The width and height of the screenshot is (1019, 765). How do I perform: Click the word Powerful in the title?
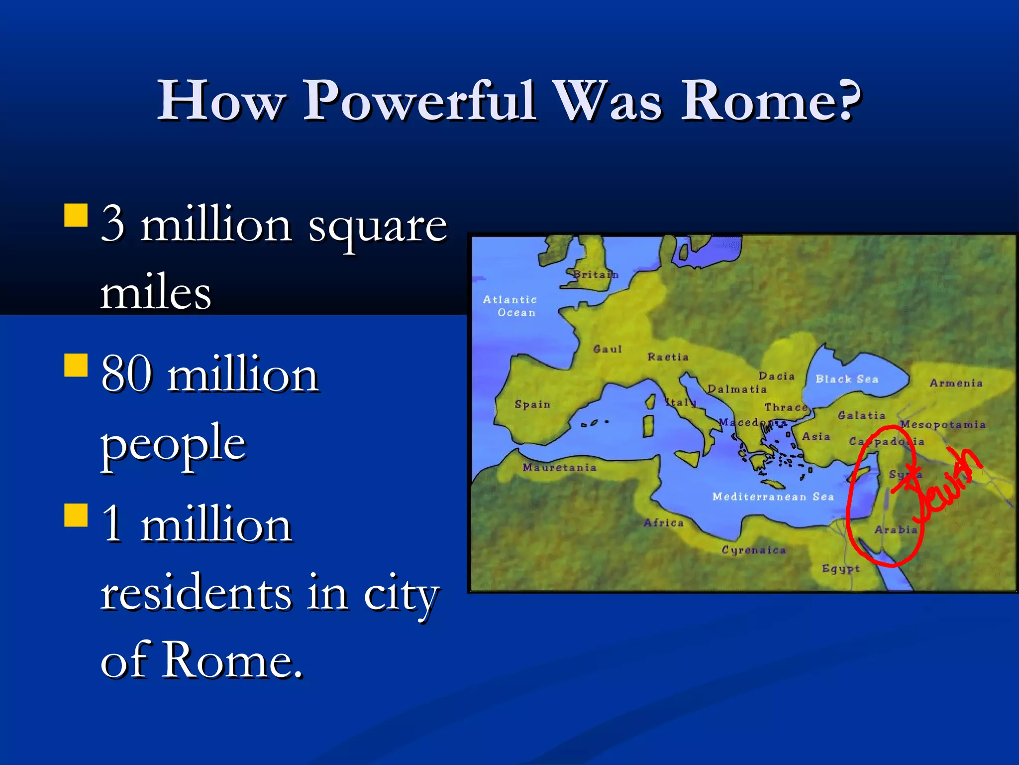click(x=420, y=101)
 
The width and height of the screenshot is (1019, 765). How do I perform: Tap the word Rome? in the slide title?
click(x=771, y=101)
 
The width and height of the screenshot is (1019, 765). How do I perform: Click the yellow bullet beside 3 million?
click(x=76, y=215)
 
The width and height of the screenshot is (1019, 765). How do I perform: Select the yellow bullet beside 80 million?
click(x=76, y=365)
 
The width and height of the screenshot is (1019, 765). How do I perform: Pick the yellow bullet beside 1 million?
click(x=76, y=515)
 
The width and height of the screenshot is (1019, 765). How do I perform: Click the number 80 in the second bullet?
click(x=126, y=375)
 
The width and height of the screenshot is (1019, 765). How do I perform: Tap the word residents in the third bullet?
click(x=196, y=593)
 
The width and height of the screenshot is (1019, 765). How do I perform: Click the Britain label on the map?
click(x=595, y=274)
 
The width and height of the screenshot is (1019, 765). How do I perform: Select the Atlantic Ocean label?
click(x=510, y=306)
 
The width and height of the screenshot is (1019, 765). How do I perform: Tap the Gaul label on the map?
click(x=608, y=349)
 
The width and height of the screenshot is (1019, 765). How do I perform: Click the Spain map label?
click(x=532, y=404)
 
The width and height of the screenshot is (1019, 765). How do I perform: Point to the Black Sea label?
click(x=847, y=379)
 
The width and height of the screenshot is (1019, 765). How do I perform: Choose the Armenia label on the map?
click(x=956, y=383)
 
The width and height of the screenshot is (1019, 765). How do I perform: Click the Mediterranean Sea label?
click(x=773, y=497)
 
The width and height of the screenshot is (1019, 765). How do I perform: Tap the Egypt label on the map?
click(x=840, y=568)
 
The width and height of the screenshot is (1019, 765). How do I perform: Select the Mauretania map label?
click(x=559, y=468)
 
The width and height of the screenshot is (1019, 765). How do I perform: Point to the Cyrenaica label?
click(x=754, y=550)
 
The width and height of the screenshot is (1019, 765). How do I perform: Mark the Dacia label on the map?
click(x=776, y=376)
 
